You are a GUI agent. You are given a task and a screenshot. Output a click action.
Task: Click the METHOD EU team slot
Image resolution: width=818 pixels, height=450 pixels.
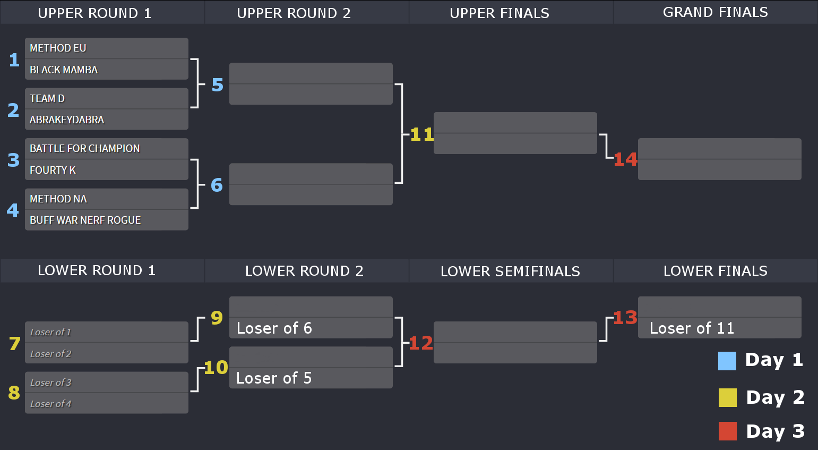pyautogui.click(x=107, y=48)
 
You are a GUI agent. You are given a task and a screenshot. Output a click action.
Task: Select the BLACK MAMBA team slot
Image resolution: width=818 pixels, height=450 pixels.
pyautogui.click(x=107, y=70)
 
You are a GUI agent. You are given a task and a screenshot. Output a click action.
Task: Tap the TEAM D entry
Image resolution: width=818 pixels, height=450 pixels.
pyautogui.click(x=107, y=98)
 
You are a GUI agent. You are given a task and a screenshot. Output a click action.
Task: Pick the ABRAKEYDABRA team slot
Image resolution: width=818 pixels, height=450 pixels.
pyautogui.click(x=107, y=120)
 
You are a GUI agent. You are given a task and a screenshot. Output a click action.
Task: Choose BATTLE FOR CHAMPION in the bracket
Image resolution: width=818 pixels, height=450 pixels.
pyautogui.click(x=107, y=148)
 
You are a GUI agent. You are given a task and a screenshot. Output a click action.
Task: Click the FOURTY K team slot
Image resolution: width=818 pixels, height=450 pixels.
pyautogui.click(x=107, y=169)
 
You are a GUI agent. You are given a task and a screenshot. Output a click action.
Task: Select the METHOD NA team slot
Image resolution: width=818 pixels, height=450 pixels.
pyautogui.click(x=107, y=199)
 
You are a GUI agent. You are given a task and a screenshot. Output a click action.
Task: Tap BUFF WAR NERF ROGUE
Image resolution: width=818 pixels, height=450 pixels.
pyautogui.click(x=107, y=220)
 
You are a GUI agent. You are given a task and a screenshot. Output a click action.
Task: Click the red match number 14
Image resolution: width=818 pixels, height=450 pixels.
pyautogui.click(x=625, y=159)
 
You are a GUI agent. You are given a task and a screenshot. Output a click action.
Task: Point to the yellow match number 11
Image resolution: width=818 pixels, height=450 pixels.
pyautogui.click(x=422, y=134)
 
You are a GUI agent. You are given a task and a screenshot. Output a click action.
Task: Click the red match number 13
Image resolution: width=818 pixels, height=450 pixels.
pyautogui.click(x=625, y=318)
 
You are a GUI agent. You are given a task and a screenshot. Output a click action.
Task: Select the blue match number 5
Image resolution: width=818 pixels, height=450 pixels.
pyautogui.click(x=217, y=85)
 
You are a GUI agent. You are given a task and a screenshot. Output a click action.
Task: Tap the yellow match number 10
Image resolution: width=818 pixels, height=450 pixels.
pyautogui.click(x=216, y=367)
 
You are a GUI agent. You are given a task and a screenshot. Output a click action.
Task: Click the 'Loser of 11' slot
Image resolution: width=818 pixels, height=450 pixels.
pyautogui.click(x=720, y=328)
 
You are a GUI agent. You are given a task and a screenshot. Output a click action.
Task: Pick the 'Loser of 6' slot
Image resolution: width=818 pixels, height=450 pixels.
pyautogui.click(x=311, y=328)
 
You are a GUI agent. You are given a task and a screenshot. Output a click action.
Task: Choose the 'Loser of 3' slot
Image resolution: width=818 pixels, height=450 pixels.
pyautogui.click(x=107, y=383)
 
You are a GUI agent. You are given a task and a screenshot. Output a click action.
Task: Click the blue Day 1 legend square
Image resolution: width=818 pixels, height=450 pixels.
pyautogui.click(x=727, y=361)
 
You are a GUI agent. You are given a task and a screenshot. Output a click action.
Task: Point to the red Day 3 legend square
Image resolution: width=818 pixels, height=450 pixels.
pyautogui.click(x=727, y=431)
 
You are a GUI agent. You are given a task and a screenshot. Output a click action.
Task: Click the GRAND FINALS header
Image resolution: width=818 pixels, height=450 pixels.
pyautogui.click(x=716, y=12)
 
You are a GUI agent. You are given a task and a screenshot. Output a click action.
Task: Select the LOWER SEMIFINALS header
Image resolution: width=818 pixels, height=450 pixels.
pyautogui.click(x=511, y=271)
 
